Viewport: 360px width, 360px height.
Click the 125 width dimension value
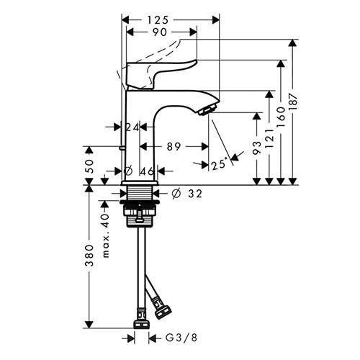coord(158,20)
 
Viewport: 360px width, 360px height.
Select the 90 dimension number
coord(160,32)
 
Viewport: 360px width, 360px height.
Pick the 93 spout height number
coord(257,148)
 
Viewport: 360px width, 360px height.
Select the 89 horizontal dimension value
coord(174,147)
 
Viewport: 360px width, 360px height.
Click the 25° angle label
coord(219,165)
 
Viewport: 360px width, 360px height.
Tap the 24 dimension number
coord(132,127)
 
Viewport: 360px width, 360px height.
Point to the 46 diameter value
coord(147,171)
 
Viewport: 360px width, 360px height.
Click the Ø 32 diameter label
coord(187,194)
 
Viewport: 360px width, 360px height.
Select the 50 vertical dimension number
coord(89,166)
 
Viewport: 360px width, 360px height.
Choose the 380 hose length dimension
coord(90,256)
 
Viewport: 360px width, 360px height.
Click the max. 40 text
coord(106,235)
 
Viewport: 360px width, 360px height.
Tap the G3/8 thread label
coord(181,338)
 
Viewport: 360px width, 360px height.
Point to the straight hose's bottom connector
coord(142,324)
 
